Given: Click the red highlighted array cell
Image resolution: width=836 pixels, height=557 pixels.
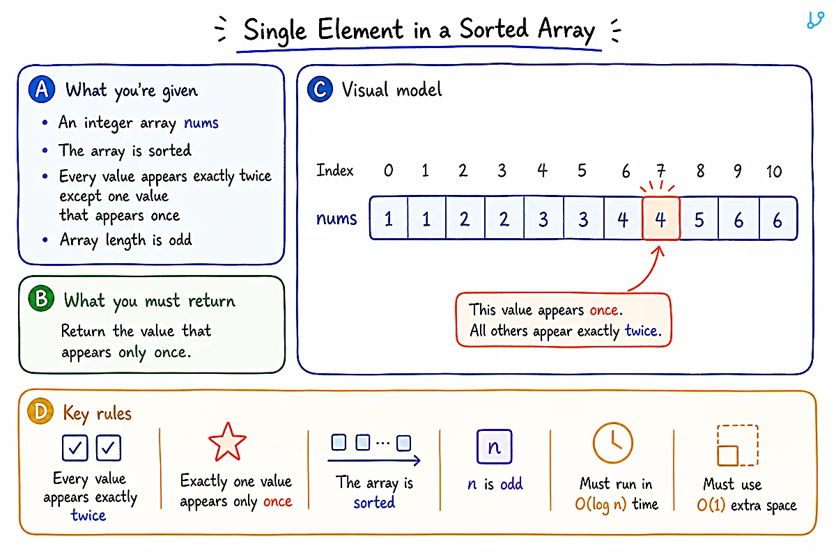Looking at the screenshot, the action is point(661,219).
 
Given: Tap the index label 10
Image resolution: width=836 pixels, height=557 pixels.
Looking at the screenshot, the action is point(774,171).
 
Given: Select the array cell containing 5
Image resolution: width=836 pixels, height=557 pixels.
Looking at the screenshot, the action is point(699,219).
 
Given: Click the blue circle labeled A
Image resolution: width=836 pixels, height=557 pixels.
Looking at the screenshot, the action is point(42,89).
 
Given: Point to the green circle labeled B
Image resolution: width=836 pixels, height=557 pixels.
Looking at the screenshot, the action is point(41,299).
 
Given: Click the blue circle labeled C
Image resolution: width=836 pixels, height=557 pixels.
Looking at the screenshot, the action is point(320,89).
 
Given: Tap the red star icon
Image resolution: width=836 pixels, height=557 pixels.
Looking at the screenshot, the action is point(227,443).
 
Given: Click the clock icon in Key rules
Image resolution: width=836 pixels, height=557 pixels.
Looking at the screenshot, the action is point(613,443).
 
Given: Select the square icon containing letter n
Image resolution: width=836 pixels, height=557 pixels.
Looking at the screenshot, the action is point(494,446).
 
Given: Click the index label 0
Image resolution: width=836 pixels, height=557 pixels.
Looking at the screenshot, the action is point(388,171).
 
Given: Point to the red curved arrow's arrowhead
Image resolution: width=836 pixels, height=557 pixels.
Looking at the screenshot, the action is point(659,251).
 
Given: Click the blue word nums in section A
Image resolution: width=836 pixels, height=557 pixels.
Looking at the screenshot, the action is point(201,123).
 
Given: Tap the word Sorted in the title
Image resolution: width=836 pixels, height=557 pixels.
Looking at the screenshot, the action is point(494,29).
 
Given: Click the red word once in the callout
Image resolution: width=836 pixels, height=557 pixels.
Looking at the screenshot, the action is point(604,310).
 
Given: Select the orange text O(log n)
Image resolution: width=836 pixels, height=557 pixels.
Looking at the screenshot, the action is point(601,504).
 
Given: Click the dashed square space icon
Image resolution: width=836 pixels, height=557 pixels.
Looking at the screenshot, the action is point(738,446).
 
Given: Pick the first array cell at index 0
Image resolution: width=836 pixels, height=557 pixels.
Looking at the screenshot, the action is point(389,219).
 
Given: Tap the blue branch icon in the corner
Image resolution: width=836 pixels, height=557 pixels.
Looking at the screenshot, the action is point(815,20).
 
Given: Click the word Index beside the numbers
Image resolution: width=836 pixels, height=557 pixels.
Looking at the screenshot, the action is point(335,171).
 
